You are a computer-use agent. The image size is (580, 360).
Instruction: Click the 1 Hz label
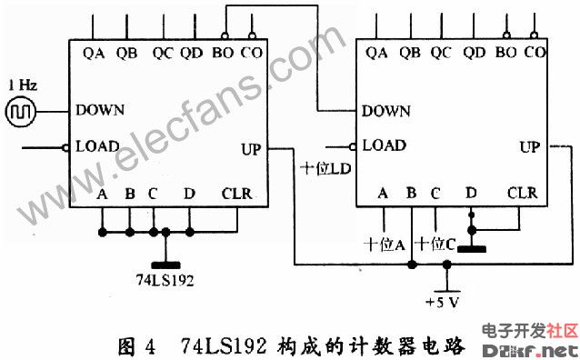(22, 85)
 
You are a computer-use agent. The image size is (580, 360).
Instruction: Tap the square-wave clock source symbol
(20, 111)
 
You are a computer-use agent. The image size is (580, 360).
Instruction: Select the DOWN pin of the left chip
(100, 110)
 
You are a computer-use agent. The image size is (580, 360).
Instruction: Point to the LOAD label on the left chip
(97, 145)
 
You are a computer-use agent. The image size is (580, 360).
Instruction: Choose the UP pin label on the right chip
(529, 146)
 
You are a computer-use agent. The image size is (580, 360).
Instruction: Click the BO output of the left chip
(222, 53)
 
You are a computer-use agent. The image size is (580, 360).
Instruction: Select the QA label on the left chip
(93, 53)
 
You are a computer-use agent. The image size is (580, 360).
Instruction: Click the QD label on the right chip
(473, 53)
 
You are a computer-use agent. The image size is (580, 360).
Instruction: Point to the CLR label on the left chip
(236, 194)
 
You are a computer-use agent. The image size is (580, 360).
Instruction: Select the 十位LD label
(325, 169)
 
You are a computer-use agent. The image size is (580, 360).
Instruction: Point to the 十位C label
(435, 244)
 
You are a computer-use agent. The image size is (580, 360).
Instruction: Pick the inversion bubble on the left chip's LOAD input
(67, 146)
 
